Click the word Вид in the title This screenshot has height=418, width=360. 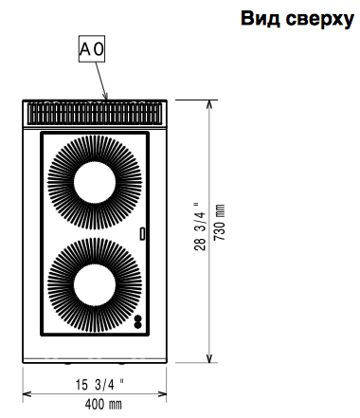tap(261, 19)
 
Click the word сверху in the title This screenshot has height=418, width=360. tap(320, 20)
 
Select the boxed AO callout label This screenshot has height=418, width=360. tap(92, 49)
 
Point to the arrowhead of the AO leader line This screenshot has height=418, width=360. tap(106, 96)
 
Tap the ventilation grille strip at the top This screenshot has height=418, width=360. tap(95, 114)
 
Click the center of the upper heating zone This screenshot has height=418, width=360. tap(95, 183)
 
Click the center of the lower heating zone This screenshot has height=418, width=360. tap(95, 285)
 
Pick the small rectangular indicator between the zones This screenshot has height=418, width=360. tap(143, 234)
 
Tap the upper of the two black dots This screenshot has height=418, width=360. tap(138, 318)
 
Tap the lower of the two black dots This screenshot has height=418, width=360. tap(138, 324)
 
